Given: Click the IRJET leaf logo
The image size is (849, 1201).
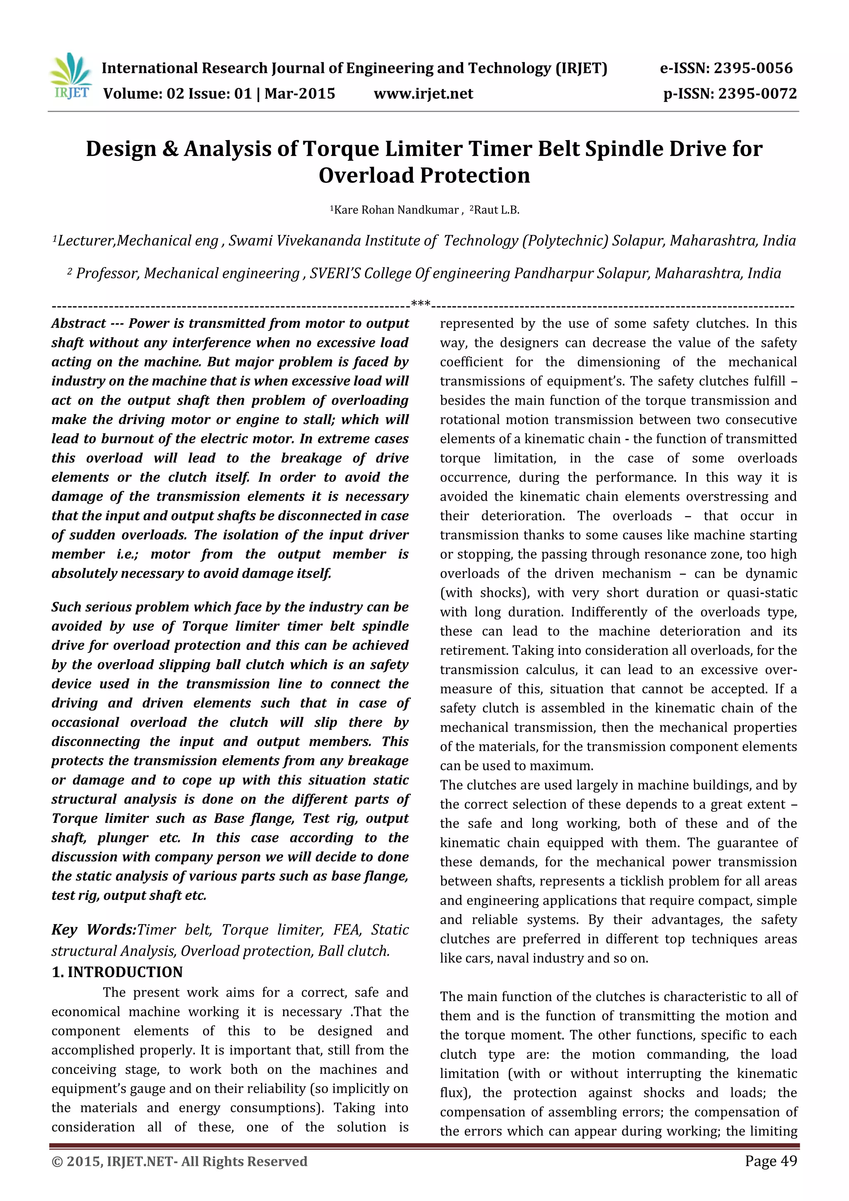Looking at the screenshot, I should [x=72, y=77].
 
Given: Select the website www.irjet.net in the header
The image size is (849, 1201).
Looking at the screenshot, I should [x=423, y=94].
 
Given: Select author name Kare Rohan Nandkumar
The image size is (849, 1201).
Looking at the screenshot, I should [x=396, y=210].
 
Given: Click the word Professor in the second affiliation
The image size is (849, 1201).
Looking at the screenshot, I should [x=108, y=274].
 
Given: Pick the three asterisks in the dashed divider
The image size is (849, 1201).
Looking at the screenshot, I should [x=421, y=304].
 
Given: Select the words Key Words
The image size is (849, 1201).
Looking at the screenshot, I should [x=93, y=929].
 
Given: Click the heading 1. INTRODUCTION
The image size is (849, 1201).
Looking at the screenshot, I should [x=117, y=972].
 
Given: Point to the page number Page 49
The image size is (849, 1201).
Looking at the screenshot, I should [x=771, y=1161].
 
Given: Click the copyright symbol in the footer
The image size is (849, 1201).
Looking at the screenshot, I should [x=56, y=1162].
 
